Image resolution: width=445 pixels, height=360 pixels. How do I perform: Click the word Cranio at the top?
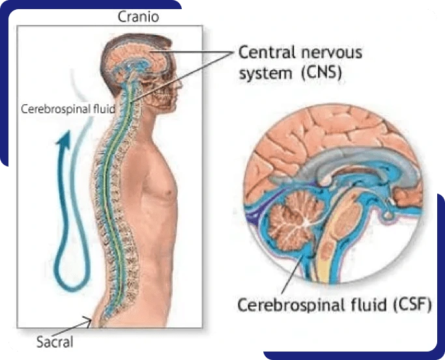tap(138, 17)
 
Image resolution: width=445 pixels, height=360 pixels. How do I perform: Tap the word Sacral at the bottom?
tap(55, 342)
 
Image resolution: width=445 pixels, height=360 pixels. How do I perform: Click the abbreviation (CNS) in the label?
tap(321, 73)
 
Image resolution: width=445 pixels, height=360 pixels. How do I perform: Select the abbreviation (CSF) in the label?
tap(412, 305)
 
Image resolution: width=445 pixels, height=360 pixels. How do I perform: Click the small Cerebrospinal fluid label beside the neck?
tap(68, 109)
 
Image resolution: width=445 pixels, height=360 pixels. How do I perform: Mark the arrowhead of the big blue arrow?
tap(64, 139)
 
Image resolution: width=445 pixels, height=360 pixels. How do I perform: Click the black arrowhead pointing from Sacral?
tap(88, 322)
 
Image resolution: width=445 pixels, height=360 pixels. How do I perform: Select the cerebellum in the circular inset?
tap(295, 219)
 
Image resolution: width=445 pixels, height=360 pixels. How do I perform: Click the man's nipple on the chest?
tap(169, 193)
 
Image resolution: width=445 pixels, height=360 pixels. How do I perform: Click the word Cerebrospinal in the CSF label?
tap(289, 305)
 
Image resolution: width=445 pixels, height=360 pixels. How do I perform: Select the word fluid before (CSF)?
tap(367, 305)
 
